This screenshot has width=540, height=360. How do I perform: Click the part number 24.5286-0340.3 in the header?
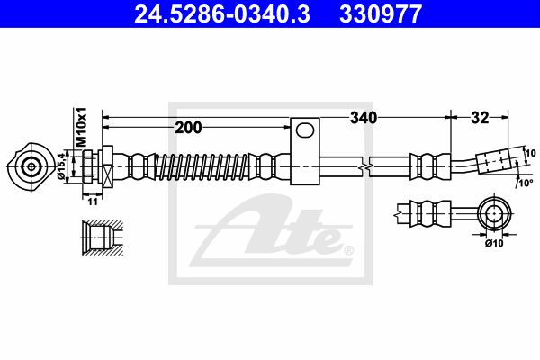pos(222,13)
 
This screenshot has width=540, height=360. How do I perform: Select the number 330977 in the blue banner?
pos(381,13)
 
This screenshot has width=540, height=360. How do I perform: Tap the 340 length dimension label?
pos(364,118)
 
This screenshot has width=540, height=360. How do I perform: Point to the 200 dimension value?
pos(188,128)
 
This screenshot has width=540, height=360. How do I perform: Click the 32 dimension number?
pos(480,118)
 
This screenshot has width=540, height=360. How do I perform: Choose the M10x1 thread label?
pos(82,127)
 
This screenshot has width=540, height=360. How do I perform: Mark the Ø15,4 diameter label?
pos(61,166)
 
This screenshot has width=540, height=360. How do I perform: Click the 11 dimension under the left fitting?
pos(93,202)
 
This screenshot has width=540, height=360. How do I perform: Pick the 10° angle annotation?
pos(526,183)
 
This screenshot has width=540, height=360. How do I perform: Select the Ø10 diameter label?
pos(494,243)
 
